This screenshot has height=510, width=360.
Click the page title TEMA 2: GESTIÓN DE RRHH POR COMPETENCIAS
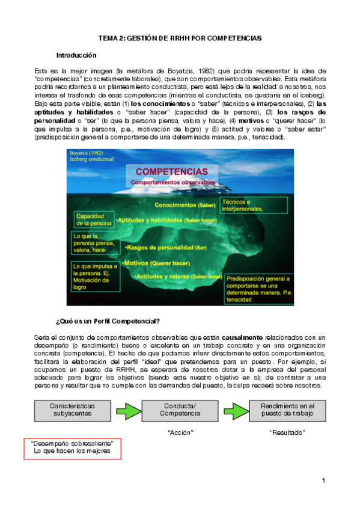[180, 38]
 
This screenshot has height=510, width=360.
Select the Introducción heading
[76, 55]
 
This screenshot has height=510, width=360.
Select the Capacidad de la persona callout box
[93, 220]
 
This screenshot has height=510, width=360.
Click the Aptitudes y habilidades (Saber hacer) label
[166, 220]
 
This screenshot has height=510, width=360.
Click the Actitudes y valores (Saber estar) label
[178, 276]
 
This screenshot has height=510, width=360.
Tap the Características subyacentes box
[72, 393]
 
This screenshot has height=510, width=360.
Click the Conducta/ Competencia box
[180, 393]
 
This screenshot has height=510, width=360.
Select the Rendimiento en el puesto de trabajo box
[288, 393]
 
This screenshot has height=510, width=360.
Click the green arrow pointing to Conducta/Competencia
[126, 394]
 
